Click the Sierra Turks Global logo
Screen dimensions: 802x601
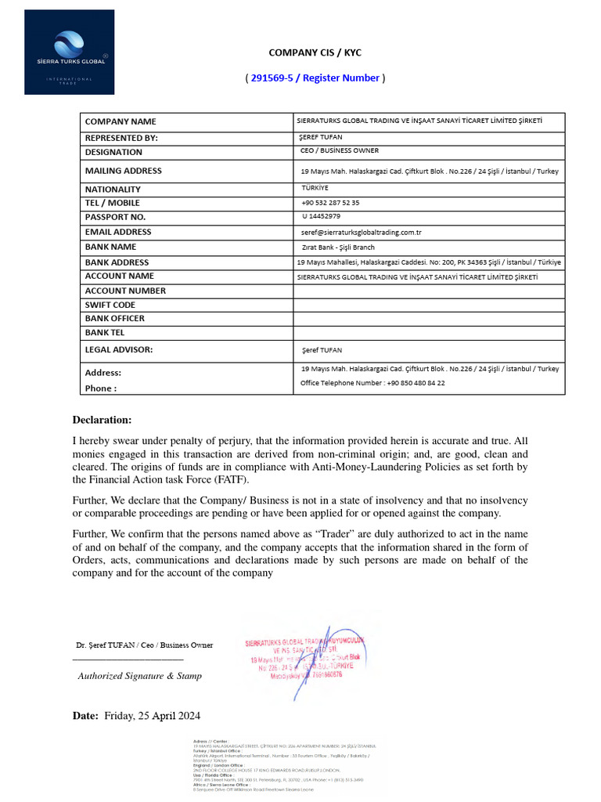[69, 52]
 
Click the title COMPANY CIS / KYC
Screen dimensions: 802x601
[315, 52]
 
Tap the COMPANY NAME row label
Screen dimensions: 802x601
[121, 121]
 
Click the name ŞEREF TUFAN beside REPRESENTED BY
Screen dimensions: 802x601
[322, 137]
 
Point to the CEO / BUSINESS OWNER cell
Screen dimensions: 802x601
[340, 150]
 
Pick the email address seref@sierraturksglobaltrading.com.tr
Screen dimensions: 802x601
[362, 232]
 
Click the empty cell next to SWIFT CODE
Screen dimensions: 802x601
[429, 305]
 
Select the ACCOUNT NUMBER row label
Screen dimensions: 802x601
[125, 291]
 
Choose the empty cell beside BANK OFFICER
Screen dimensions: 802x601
[429, 318]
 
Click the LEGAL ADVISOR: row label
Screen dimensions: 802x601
[119, 349]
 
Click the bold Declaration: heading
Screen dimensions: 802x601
[103, 421]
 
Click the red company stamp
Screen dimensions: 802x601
[305, 658]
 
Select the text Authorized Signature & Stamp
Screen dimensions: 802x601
[139, 676]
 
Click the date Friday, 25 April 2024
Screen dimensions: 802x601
[152, 716]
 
